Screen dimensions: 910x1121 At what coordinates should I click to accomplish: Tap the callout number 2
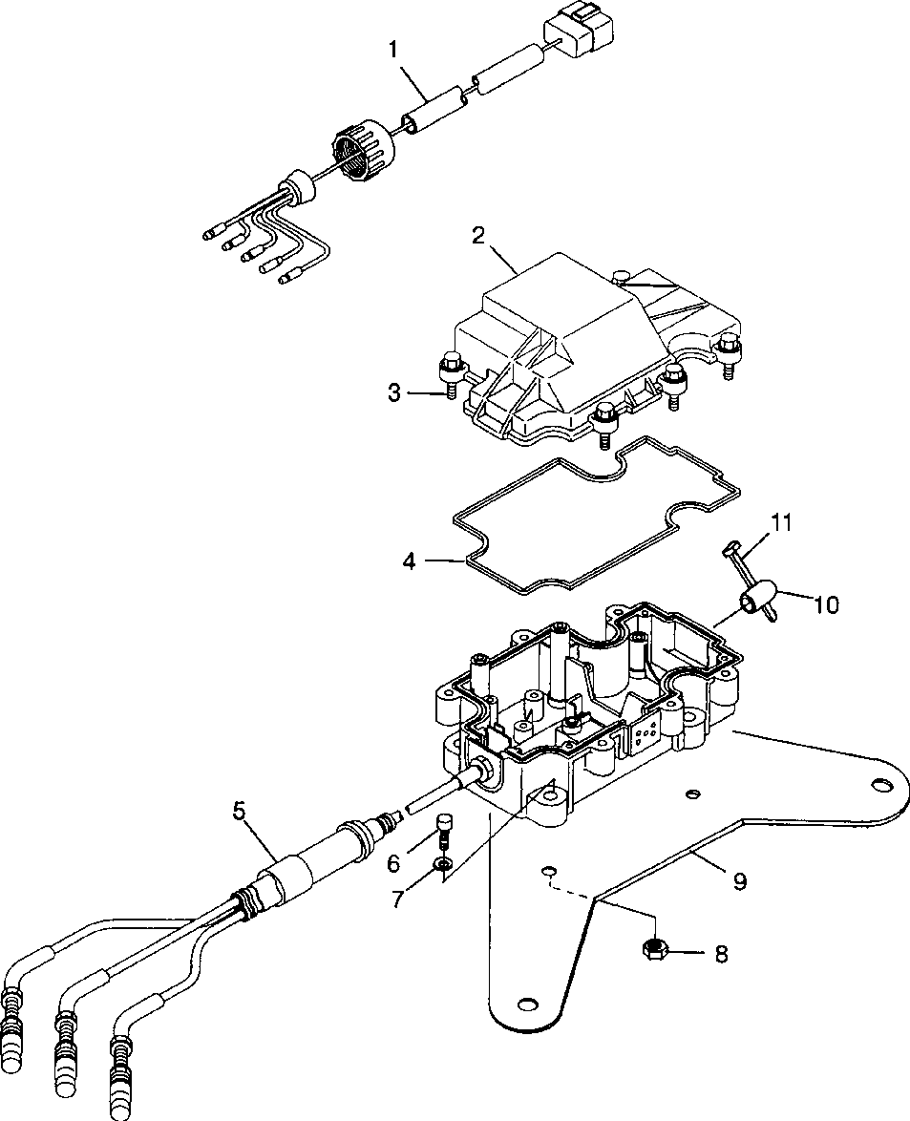[x=478, y=236]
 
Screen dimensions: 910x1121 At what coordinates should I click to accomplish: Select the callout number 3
[x=394, y=392]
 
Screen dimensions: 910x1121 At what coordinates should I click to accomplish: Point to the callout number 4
[x=408, y=561]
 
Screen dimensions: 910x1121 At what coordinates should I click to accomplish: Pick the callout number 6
[x=393, y=863]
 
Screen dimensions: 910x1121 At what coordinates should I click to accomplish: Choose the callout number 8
[x=721, y=953]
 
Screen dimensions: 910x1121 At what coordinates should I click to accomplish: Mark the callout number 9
[x=740, y=880]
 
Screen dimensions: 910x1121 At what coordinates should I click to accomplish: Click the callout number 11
[x=780, y=522]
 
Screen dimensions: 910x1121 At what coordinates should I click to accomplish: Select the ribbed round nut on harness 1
[x=365, y=149]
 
